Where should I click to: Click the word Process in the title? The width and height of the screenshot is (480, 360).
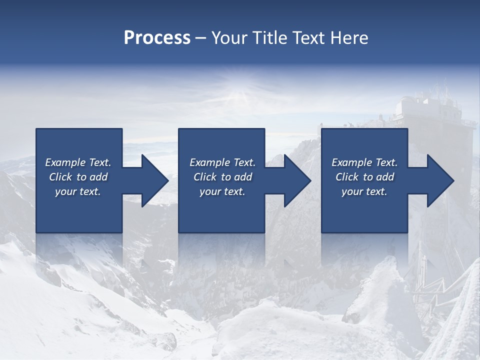click(157, 38)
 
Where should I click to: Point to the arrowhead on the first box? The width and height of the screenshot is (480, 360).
click(153, 180)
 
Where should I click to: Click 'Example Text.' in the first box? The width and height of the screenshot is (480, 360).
click(78, 162)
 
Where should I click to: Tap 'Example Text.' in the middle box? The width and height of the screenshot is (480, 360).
click(222, 162)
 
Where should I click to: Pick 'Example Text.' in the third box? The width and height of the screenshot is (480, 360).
click(364, 162)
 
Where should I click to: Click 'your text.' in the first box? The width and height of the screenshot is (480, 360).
click(78, 191)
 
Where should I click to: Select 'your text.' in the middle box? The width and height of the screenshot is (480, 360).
click(222, 191)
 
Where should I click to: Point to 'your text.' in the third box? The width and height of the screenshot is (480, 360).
click(364, 191)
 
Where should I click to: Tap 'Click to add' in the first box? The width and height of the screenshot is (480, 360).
click(78, 177)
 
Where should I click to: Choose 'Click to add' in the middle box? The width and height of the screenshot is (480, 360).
click(222, 177)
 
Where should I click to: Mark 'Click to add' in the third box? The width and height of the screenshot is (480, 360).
click(364, 177)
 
